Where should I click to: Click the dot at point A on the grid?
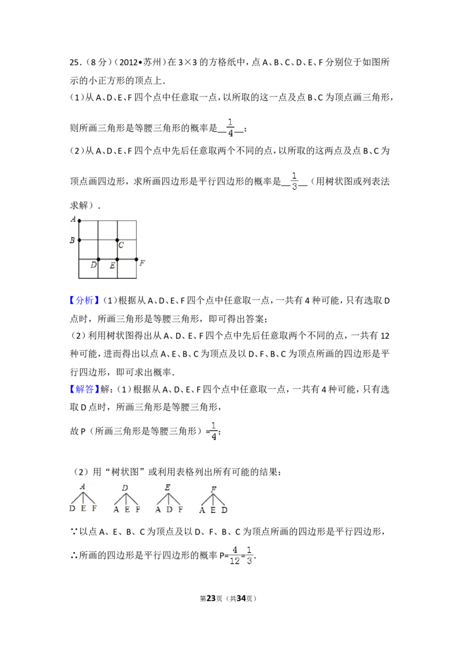[79, 220]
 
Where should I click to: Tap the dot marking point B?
[79, 240]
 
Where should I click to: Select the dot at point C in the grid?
[117, 240]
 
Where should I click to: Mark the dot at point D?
[98, 260]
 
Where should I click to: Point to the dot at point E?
[117, 260]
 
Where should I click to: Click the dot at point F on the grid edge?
[136, 260]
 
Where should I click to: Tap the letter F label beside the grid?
[142, 263]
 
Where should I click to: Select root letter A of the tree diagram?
[83, 487]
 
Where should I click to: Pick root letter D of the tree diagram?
[125, 489]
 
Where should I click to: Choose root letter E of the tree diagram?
[168, 487]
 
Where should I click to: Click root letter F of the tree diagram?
[213, 490]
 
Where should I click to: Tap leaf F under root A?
[94, 509]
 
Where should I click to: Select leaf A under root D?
[116, 509]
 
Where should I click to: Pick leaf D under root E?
[169, 509]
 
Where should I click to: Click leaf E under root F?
[213, 510]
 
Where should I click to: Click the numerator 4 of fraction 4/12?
[235, 550]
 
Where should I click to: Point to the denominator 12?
[235, 561]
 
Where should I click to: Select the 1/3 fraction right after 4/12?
[249, 555]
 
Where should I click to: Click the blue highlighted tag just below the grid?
[85, 300]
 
